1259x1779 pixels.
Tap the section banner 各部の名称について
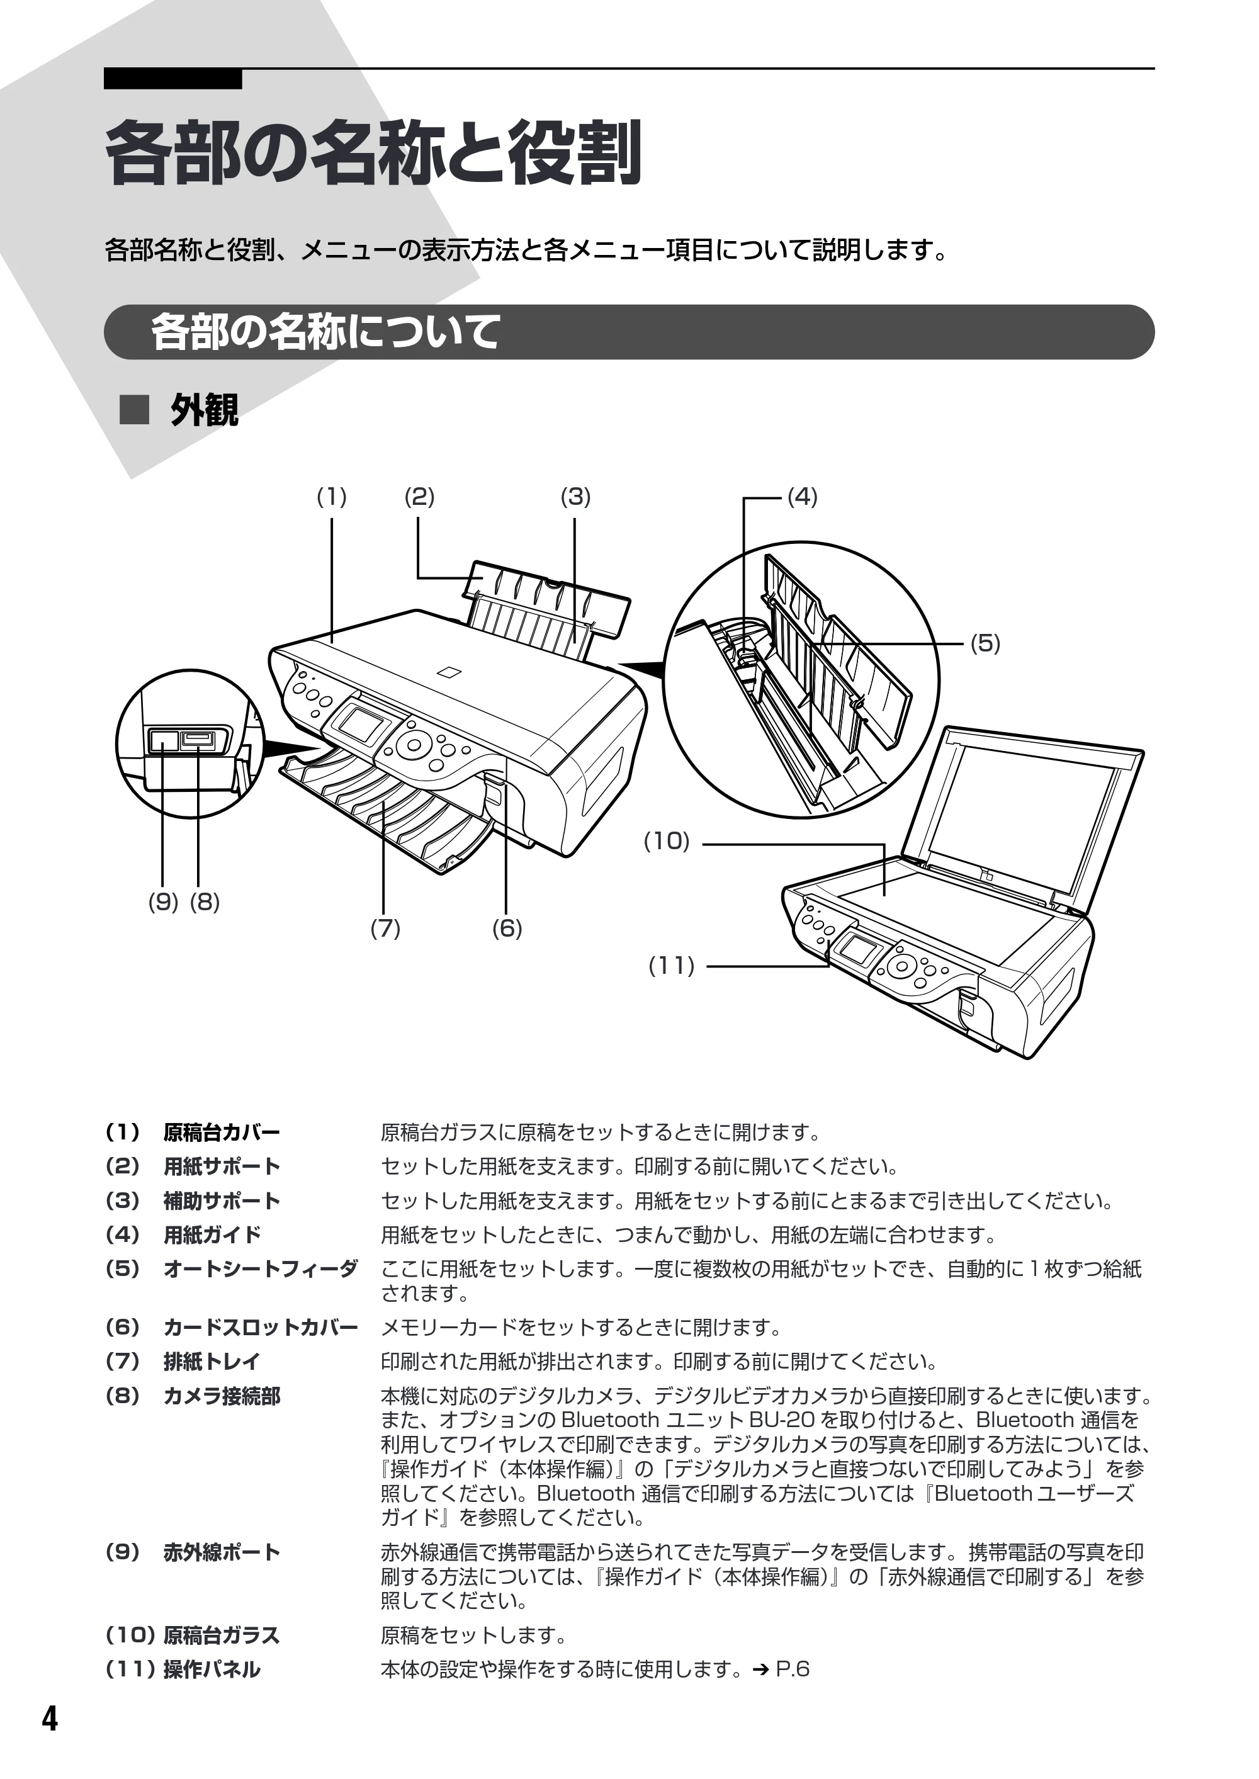click(325, 332)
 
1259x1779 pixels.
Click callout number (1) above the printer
click(331, 497)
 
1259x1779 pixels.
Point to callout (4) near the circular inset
click(803, 497)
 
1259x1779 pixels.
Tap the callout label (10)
click(667, 841)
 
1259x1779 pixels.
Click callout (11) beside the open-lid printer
click(672, 966)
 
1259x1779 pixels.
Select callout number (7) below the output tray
click(385, 928)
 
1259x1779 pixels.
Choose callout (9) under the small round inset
click(163, 902)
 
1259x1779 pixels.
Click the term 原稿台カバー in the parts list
click(222, 1132)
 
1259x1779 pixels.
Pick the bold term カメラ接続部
click(222, 1396)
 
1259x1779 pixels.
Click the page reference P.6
click(793, 1669)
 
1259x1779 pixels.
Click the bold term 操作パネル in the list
click(212, 1669)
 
